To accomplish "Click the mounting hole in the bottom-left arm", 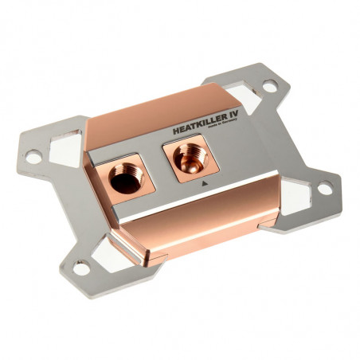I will pyautogui.click(x=82, y=268).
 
